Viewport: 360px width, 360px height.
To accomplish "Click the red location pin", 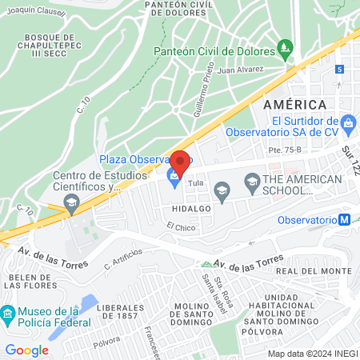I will [180, 162].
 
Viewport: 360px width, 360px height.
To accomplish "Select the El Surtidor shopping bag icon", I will [348, 123].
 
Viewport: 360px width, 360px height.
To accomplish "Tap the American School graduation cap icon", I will [222, 190].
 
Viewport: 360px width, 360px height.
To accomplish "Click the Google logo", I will [26, 350].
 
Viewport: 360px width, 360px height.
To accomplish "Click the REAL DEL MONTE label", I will [321, 271].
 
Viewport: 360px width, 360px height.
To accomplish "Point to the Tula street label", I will [195, 182].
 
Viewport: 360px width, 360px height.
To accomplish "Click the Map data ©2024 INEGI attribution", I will [312, 354].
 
